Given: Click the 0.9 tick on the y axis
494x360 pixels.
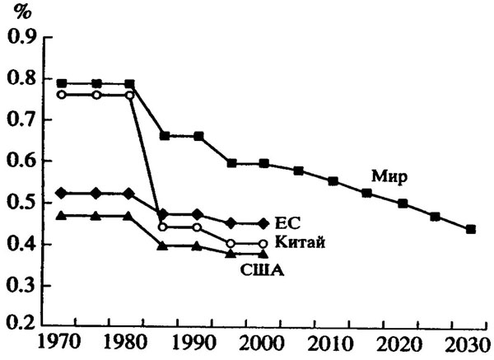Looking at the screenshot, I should tap(23, 37).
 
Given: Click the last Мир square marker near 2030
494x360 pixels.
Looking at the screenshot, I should tap(470, 229).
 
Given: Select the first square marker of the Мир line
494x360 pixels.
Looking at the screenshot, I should tap(63, 83).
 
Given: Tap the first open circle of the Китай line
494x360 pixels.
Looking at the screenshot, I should tap(63, 95).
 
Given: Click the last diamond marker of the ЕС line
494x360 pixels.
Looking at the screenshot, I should tap(263, 223).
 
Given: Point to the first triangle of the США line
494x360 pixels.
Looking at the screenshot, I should tap(63, 216).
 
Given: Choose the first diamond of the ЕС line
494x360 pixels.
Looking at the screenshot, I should tap(63, 193).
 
